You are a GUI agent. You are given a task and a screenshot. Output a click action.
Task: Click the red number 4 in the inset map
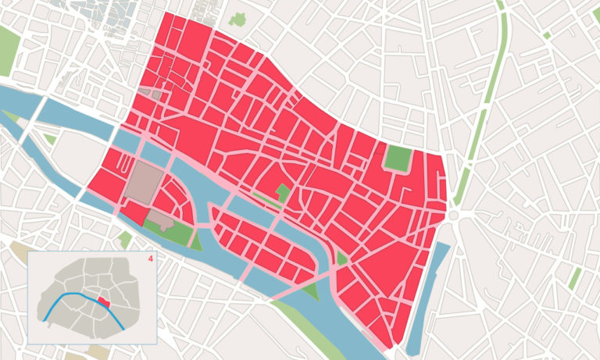[x=148, y=258]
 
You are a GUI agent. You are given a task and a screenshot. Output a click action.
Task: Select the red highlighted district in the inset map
[x=103, y=301]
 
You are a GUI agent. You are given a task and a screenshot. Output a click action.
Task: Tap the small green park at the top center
[x=238, y=20]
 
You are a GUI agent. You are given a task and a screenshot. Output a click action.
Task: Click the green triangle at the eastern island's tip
[x=311, y=291]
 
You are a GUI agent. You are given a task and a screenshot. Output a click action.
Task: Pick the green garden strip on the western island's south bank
[x=171, y=230]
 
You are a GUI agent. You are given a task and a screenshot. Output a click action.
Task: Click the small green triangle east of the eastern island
[x=341, y=258]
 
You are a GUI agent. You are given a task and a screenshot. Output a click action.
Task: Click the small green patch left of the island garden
[x=125, y=238]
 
